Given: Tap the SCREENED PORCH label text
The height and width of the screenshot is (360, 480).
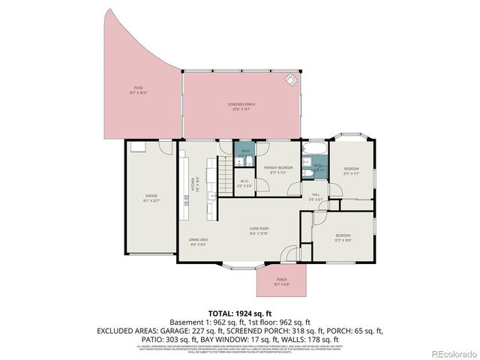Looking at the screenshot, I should (x=242, y=106).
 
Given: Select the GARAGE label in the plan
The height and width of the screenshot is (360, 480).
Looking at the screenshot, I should (x=151, y=198).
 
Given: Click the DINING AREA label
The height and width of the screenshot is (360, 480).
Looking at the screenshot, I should (x=199, y=241).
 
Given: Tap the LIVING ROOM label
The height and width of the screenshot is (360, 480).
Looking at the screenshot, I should (x=259, y=230).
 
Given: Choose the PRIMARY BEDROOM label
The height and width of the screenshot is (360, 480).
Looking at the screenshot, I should (x=278, y=170).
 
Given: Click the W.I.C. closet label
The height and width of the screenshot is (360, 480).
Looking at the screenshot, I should (x=244, y=183).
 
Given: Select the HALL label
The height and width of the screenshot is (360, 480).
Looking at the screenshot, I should (x=316, y=197).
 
